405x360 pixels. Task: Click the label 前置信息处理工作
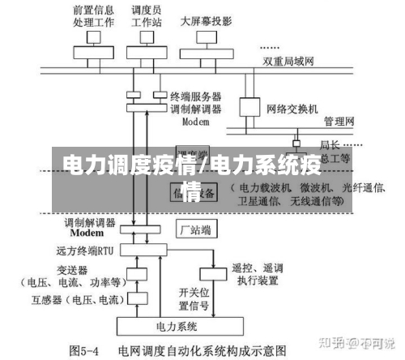click(92, 17)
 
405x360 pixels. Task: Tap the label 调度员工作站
click(146, 17)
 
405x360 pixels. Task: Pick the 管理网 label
click(339, 122)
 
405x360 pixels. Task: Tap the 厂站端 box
click(196, 229)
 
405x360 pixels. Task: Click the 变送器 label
click(72, 270)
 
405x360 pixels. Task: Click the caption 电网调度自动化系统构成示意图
click(202, 350)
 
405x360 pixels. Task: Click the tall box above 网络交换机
click(247, 108)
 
